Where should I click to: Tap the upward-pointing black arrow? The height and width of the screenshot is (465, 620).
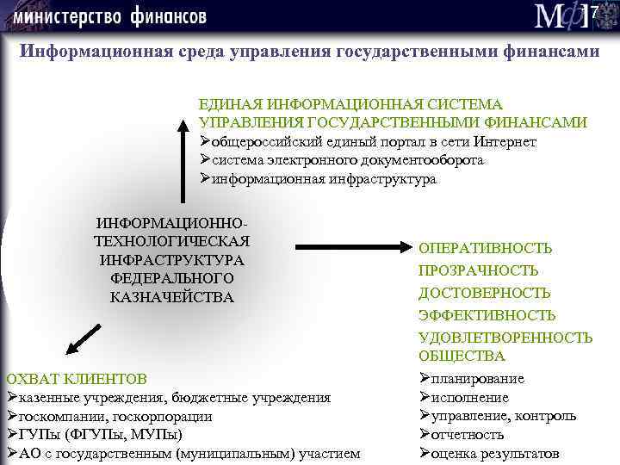point(183,159)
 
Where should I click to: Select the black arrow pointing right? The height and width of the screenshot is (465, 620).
point(353,248)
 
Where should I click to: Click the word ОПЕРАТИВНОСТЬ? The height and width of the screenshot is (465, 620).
point(486,248)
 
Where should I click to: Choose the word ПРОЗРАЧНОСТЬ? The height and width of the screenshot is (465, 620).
point(479,270)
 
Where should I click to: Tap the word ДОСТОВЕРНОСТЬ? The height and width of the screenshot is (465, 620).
point(484,293)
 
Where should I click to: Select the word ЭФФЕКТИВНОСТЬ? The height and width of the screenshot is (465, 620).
point(487,315)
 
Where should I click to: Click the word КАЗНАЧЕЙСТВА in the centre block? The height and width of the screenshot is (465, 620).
point(172,297)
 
